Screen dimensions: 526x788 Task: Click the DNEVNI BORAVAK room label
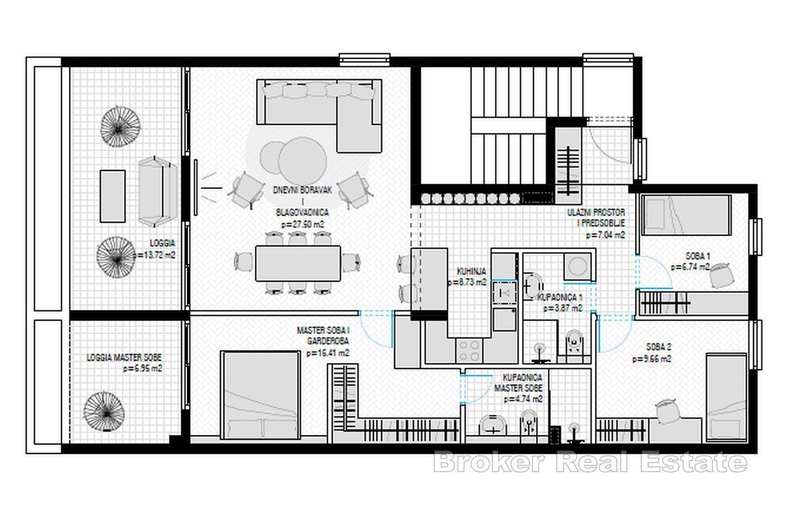[x=303, y=189]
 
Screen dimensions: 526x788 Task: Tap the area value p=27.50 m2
[x=303, y=224]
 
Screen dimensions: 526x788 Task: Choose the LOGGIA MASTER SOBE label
[x=124, y=358]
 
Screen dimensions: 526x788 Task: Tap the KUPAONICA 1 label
[x=559, y=297]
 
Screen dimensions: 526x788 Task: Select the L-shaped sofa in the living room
[x=322, y=105]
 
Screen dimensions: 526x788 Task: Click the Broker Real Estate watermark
[x=590, y=462]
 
